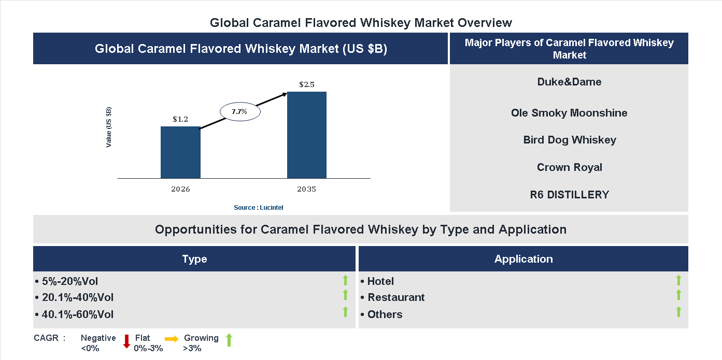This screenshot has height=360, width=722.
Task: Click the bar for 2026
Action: click(x=180, y=152)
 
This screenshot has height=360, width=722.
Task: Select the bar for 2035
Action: click(x=307, y=135)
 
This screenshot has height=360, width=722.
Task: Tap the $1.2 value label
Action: click(x=180, y=119)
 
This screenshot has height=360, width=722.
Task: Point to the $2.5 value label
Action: click(x=307, y=84)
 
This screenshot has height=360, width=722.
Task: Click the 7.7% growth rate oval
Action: click(x=240, y=111)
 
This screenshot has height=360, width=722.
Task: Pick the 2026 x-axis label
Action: click(x=180, y=189)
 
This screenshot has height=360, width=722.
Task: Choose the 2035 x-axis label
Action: click(x=306, y=189)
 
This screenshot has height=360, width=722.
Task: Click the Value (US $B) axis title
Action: click(x=109, y=127)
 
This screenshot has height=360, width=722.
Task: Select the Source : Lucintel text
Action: click(x=259, y=207)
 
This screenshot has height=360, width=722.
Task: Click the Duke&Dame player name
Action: click(x=569, y=82)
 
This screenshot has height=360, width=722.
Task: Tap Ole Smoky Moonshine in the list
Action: click(x=569, y=113)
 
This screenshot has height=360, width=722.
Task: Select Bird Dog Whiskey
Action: click(x=569, y=140)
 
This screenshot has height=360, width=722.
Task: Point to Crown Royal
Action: click(x=569, y=167)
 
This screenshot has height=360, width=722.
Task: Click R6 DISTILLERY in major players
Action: click(x=569, y=195)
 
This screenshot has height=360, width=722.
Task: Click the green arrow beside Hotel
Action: click(x=678, y=280)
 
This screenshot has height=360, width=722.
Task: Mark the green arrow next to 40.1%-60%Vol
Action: click(x=345, y=312)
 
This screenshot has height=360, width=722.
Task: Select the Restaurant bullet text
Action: click(x=395, y=297)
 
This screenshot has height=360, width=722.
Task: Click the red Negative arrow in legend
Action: click(x=126, y=341)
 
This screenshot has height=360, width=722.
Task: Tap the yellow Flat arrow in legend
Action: click(x=172, y=339)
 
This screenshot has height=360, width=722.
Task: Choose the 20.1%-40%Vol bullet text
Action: click(x=77, y=297)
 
